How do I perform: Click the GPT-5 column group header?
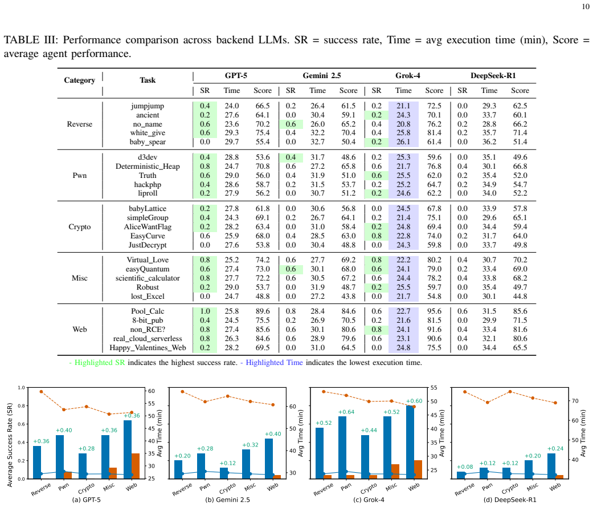point(236,75)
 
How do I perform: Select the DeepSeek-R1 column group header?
point(493,75)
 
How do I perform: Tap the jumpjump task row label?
point(148,106)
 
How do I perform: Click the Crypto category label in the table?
point(79,226)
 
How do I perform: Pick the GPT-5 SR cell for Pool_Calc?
point(205,311)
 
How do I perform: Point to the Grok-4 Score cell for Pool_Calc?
point(434,311)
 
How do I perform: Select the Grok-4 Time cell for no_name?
point(403,124)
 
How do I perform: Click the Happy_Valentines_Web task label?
point(148,347)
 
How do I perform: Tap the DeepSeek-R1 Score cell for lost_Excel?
point(520,296)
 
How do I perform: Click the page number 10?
point(586,6)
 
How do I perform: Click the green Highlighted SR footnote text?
point(100,362)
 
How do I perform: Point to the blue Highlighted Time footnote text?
point(274,362)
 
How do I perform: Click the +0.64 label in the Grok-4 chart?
point(346,412)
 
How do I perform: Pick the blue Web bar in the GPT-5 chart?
point(128,449)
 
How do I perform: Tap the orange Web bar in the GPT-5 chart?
point(136,466)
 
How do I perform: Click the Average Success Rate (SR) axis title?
point(10,444)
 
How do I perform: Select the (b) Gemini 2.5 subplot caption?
point(227,500)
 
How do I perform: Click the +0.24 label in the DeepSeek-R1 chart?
point(555,448)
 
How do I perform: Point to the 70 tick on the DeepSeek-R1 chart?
point(575,400)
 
